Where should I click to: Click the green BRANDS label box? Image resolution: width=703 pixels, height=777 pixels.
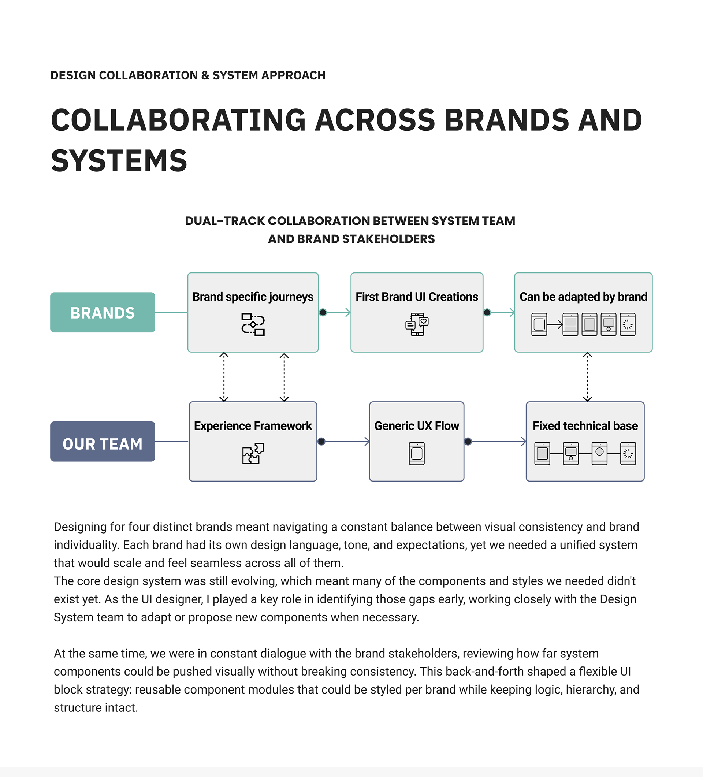pyautogui.click(x=103, y=313)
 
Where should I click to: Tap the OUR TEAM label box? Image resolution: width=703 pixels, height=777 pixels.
pyautogui.click(x=103, y=442)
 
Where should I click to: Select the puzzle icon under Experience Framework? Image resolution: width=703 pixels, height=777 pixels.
pyautogui.click(x=253, y=454)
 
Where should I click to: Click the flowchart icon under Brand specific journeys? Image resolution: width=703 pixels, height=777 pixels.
pyautogui.click(x=253, y=324)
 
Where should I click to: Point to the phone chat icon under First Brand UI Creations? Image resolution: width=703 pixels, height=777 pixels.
pyautogui.click(x=417, y=324)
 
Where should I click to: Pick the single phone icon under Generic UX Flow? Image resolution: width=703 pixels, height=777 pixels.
pyautogui.click(x=417, y=454)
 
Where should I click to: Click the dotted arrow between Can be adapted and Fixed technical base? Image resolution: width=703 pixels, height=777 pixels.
pyautogui.click(x=587, y=377)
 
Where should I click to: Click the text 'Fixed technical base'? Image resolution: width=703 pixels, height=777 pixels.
pyautogui.click(x=585, y=426)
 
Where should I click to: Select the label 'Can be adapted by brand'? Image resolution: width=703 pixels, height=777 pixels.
pyautogui.click(x=583, y=297)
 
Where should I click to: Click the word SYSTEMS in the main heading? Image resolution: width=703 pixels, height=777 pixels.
pyautogui.click(x=119, y=161)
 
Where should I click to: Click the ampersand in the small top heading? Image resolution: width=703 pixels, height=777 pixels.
pyautogui.click(x=205, y=75)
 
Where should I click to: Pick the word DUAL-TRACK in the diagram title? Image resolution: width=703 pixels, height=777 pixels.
pyautogui.click(x=225, y=221)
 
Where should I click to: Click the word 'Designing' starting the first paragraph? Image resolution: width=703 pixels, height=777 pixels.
pyautogui.click(x=80, y=527)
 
